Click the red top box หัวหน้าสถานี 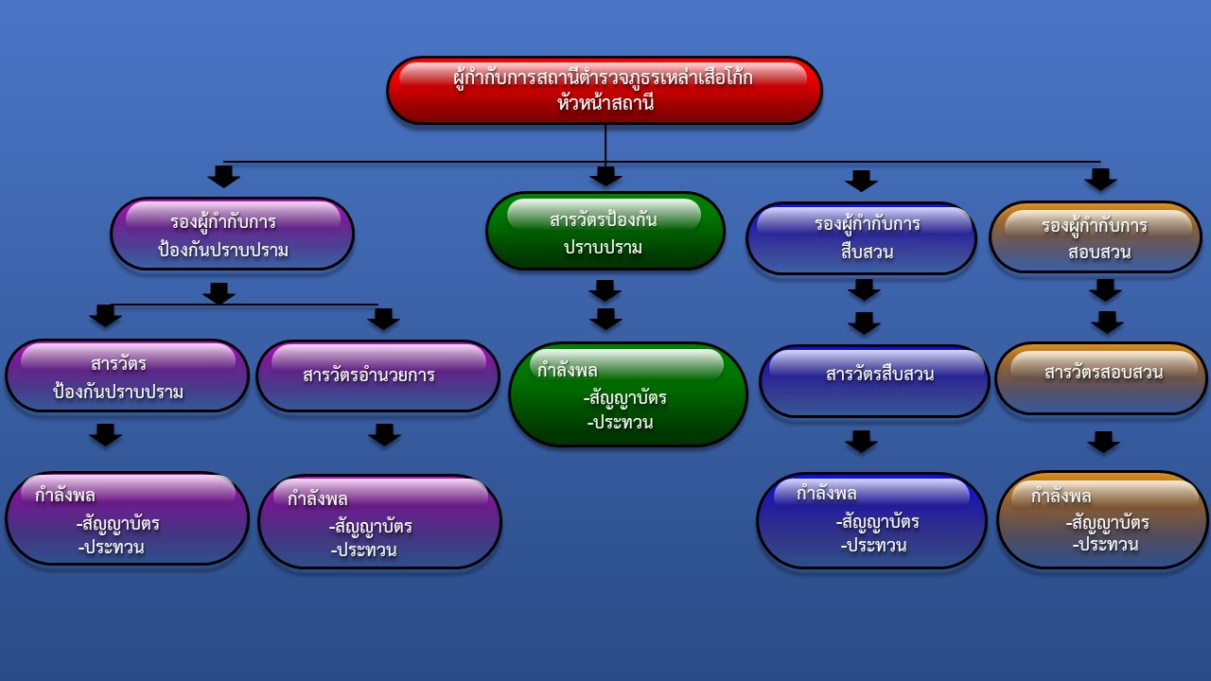[605, 90]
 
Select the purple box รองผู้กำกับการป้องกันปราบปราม [232, 234]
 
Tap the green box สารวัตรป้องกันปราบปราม [605, 231]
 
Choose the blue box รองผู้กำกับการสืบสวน [861, 238]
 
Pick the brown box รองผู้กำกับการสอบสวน [1096, 237]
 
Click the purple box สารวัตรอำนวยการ [377, 375]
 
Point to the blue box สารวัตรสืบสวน [874, 380]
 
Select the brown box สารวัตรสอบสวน [1101, 378]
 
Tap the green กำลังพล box [627, 394]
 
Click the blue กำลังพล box [871, 520]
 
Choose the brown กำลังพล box [1102, 520]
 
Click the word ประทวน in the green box [622, 423]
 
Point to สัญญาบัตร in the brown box [1108, 522]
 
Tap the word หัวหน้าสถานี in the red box [605, 103]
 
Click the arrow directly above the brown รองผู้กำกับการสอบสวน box [1100, 179]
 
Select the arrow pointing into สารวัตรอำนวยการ [383, 319]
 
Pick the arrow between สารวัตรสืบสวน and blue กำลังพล [861, 441]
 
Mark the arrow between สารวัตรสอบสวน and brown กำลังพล [1103, 442]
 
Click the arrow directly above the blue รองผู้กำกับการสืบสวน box [861, 180]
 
